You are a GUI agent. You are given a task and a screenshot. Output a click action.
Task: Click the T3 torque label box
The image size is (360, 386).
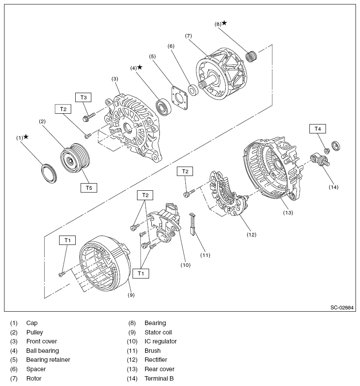coord(83,97)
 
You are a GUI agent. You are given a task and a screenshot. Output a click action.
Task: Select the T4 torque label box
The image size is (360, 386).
coord(317,129)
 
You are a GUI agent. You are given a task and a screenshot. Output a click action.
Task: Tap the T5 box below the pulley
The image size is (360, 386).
coord(89,188)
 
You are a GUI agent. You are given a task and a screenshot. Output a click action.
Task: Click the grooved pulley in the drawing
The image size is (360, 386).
coord(75,158)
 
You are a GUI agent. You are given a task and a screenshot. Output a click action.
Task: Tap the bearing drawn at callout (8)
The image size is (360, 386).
coord(253,57)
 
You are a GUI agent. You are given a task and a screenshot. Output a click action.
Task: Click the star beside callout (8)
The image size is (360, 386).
coord(224,23)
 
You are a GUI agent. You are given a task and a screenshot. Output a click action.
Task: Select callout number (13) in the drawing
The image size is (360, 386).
coord(288,212)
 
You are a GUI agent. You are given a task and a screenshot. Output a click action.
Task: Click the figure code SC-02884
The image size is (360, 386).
coord(342,308)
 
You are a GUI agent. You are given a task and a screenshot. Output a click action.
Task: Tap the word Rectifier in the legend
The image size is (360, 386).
coord(157,360)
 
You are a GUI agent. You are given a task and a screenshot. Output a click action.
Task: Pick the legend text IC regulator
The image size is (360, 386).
coord(160,341)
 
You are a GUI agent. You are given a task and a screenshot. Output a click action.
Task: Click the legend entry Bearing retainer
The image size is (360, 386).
coord(48,360)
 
